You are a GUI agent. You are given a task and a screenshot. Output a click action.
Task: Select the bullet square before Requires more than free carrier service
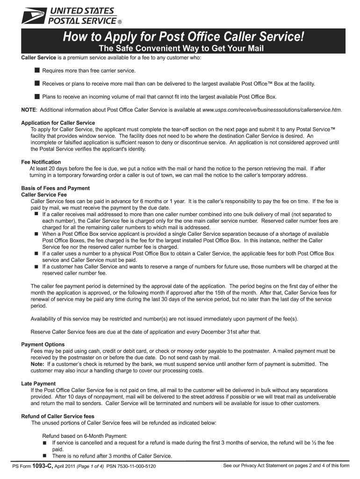[x=36, y=70]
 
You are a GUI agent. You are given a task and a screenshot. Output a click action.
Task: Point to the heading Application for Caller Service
[x=58, y=123]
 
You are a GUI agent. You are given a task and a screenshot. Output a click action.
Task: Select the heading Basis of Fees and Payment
[x=56, y=188]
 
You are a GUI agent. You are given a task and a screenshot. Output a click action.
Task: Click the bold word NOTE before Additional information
[x=29, y=109]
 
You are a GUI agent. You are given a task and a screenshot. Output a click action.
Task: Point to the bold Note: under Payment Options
[x=37, y=364]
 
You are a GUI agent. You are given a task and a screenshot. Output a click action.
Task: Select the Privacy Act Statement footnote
[x=286, y=466]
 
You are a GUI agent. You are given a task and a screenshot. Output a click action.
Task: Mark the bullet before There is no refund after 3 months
[x=45, y=456]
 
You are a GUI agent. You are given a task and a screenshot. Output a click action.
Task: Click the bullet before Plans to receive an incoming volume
[x=36, y=96]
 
